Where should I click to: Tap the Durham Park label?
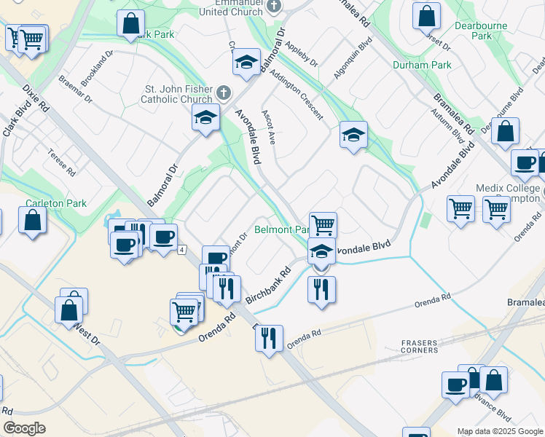click(x=422, y=65)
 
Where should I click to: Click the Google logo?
click(x=25, y=428)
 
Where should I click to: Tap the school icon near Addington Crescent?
click(x=353, y=135)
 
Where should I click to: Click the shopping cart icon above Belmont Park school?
click(x=323, y=225)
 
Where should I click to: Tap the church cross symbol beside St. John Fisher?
click(x=224, y=94)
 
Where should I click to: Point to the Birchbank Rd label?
click(x=267, y=286)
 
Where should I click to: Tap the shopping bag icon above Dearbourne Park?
click(x=427, y=15)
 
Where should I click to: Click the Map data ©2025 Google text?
click(x=499, y=431)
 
